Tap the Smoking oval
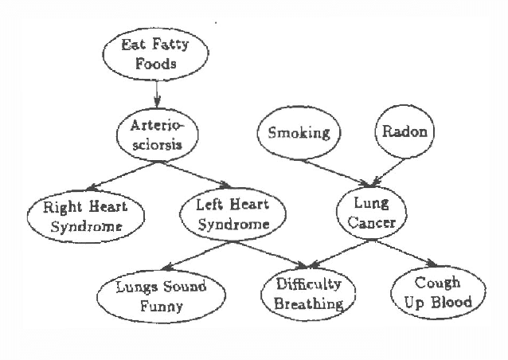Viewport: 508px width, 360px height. click(299, 132)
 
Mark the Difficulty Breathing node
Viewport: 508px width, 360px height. click(304, 293)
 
